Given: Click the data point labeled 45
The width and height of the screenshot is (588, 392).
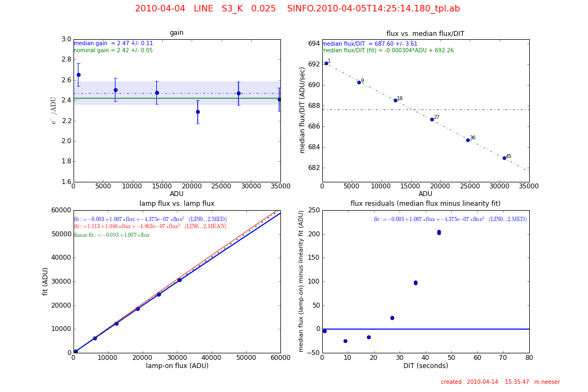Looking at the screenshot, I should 504,158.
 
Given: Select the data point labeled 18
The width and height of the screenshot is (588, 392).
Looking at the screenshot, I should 395,100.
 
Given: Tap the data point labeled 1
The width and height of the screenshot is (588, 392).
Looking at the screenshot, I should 326,63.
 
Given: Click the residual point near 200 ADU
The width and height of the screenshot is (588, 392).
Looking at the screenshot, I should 439,232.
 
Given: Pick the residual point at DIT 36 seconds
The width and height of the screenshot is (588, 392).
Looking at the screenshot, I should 415,283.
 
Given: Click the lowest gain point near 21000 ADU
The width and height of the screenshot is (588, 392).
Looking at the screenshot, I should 198,112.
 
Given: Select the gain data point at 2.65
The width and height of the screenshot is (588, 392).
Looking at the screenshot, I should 78,75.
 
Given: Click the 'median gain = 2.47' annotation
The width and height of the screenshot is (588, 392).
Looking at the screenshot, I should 113,44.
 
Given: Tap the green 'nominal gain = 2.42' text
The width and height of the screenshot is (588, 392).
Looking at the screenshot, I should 113,51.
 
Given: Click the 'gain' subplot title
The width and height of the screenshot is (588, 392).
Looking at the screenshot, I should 176,33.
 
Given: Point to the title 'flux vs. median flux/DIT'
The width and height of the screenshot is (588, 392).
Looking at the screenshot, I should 425,34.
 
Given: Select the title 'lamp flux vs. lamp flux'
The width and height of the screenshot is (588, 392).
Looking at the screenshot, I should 176,204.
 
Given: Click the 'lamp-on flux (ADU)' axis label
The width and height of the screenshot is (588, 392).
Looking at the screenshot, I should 176,366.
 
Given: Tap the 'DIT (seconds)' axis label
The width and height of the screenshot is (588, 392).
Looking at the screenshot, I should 425,366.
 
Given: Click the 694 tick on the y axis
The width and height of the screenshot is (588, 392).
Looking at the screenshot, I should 313,44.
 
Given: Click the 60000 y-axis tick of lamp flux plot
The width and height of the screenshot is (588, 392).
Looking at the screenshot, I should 61,210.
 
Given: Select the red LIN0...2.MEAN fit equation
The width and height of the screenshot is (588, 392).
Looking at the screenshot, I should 150,226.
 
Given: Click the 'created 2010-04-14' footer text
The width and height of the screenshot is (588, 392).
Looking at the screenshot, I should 500,382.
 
